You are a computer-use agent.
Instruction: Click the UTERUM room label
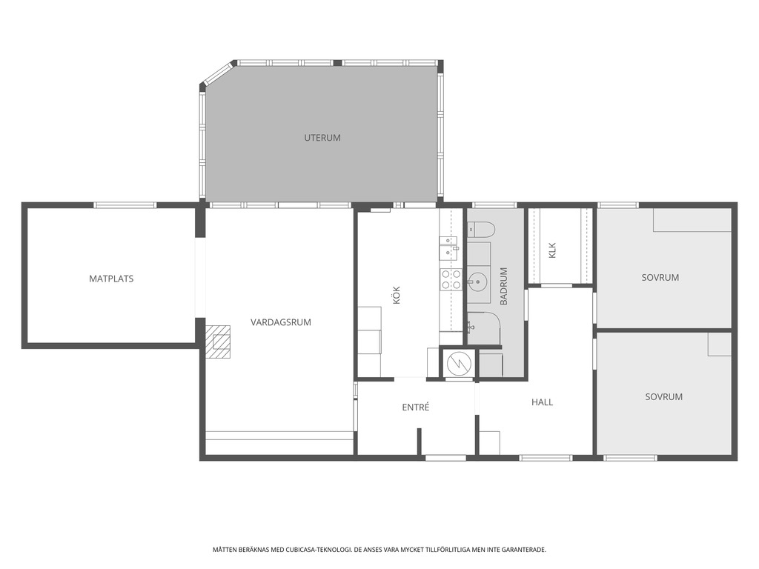tap(322, 138)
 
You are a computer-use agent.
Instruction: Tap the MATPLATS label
tap(111, 279)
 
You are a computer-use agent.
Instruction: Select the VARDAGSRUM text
tap(281, 322)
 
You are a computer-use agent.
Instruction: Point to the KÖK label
tap(397, 295)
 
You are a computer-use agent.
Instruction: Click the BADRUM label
tap(504, 286)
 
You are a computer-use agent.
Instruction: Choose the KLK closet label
tap(553, 250)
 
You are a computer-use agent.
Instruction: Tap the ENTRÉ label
tap(416, 407)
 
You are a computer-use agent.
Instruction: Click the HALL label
tap(542, 402)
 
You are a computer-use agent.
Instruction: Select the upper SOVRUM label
tap(660, 278)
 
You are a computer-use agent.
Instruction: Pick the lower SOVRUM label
tap(663, 397)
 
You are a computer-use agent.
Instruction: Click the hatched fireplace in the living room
tap(217, 342)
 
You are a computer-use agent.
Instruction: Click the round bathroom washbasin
tap(477, 281)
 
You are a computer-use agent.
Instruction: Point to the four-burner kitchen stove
tap(451, 279)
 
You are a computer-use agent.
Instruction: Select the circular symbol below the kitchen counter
tap(458, 364)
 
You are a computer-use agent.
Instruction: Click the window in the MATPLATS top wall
tap(125, 205)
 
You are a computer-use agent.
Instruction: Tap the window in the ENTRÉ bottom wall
tap(445, 458)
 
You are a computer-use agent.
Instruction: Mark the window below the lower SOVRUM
tap(630, 458)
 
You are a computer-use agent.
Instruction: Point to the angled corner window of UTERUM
tap(217, 74)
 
